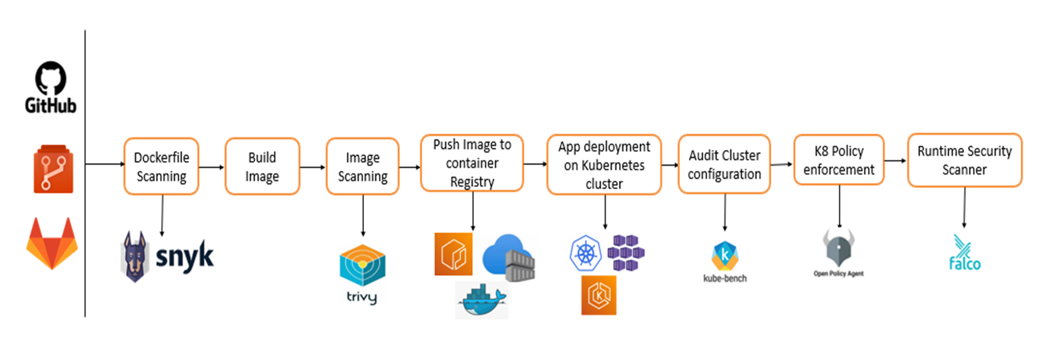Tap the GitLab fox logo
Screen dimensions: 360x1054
click(52, 243)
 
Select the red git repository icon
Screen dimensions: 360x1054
click(53, 170)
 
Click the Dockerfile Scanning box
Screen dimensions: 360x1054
click(161, 167)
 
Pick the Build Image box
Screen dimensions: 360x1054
click(262, 167)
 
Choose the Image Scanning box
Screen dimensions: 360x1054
click(362, 167)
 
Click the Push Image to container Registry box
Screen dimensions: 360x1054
click(472, 164)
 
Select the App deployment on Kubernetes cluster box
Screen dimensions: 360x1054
click(604, 165)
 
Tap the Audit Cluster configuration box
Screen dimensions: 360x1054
click(724, 165)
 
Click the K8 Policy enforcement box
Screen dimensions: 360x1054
click(838, 160)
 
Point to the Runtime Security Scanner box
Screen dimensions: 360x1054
click(964, 160)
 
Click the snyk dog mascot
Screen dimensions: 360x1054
click(135, 257)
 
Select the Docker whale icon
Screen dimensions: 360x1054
click(481, 301)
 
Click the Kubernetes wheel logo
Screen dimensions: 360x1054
click(586, 254)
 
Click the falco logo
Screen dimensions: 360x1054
click(964, 254)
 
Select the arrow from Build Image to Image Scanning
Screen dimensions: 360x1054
click(312, 167)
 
